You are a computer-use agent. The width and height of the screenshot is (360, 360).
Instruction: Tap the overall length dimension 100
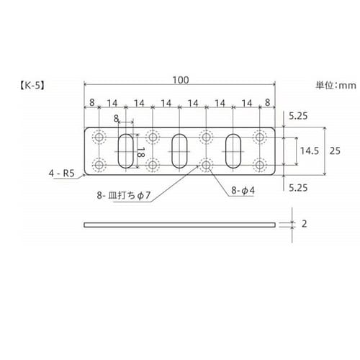[x=180, y=80]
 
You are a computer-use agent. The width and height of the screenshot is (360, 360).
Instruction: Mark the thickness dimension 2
[x=305, y=225]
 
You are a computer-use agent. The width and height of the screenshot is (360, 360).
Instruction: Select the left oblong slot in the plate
[x=125, y=151]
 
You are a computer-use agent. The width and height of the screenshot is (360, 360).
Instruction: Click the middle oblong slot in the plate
[x=179, y=151]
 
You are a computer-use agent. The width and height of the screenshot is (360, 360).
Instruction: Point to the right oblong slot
[x=235, y=151]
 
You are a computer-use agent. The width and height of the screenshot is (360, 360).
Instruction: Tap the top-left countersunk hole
[x=99, y=137]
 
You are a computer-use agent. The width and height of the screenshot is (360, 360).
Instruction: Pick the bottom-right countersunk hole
[x=261, y=166]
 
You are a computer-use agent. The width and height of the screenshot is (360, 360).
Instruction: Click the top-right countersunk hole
[x=261, y=137]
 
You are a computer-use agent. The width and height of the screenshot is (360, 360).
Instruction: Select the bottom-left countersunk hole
[x=99, y=166]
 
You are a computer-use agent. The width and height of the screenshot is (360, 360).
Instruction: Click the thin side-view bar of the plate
[x=180, y=225]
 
